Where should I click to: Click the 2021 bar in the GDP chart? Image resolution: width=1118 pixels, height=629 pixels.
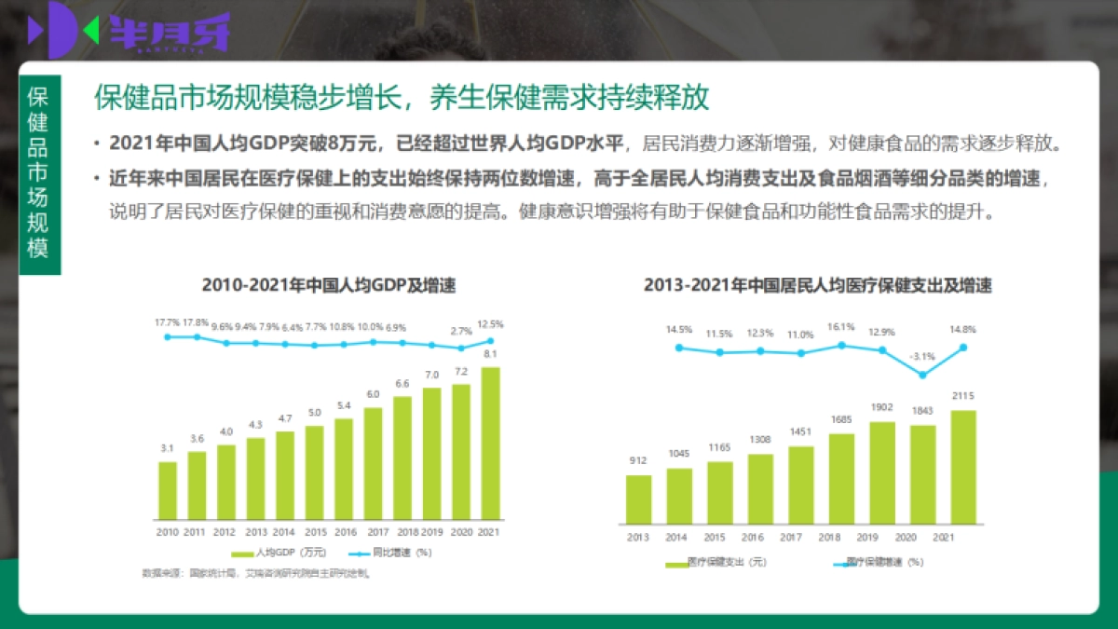point(490,443)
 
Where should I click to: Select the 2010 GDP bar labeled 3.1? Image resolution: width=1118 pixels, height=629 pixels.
point(168,490)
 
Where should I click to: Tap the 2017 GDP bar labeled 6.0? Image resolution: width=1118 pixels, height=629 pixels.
point(373,463)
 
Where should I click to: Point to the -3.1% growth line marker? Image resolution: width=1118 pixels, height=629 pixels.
point(922,375)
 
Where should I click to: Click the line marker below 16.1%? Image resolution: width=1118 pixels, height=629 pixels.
point(841,345)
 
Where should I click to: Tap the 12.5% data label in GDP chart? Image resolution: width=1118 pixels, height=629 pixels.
point(490,324)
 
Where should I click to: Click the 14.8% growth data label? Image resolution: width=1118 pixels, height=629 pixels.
point(964,329)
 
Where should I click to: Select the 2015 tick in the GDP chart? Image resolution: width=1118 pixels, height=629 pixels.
point(314,532)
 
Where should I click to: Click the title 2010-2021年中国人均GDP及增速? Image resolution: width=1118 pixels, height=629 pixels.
point(329,286)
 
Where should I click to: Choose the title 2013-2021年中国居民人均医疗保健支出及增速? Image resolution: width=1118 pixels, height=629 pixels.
point(817,286)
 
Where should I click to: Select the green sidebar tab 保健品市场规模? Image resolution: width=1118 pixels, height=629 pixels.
point(38,173)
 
